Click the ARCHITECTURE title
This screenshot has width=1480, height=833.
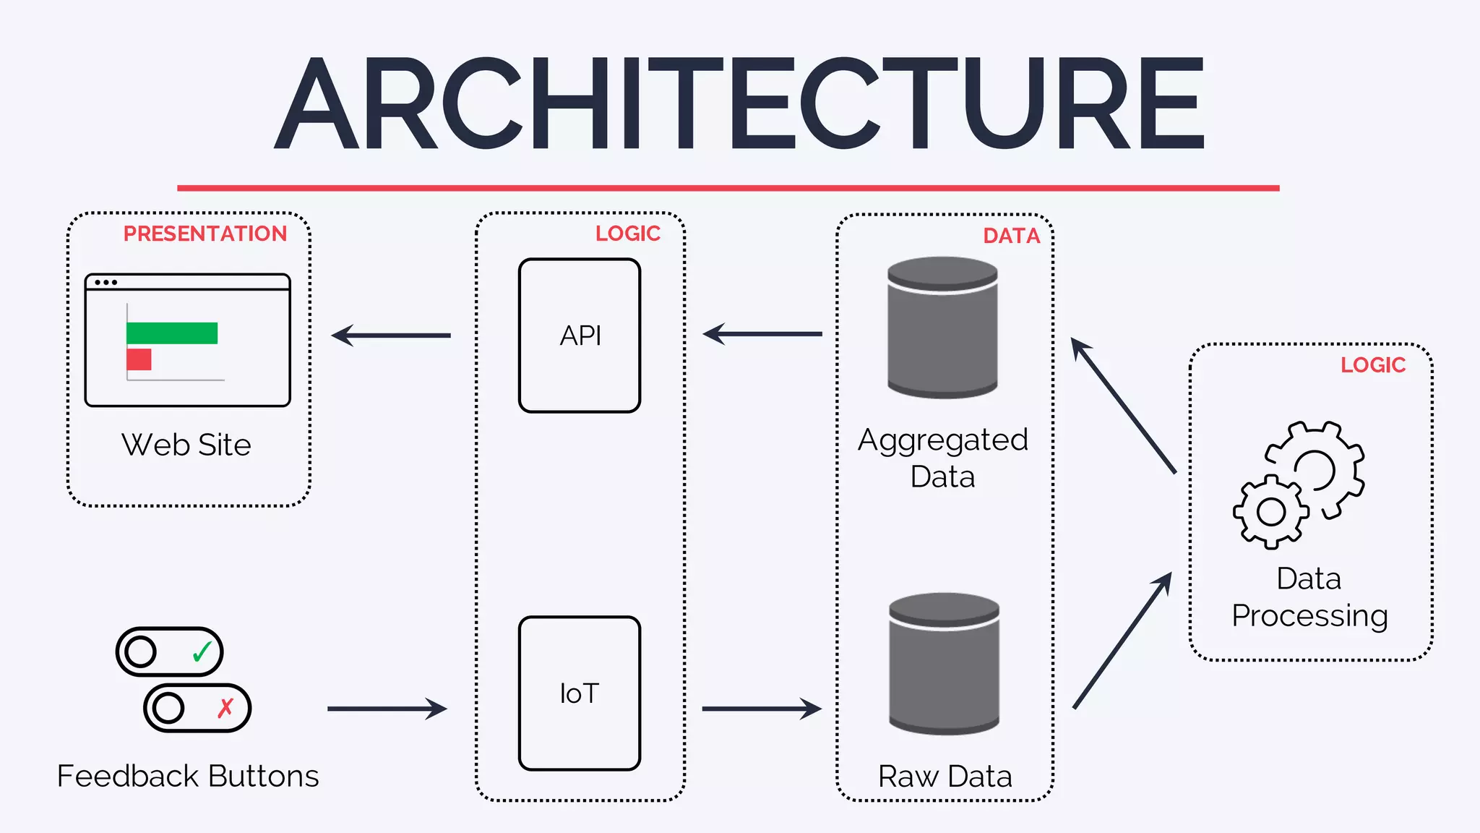pyautogui.click(x=739, y=104)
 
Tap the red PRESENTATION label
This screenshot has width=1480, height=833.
pyautogui.click(x=205, y=234)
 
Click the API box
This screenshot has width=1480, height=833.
pyautogui.click(x=580, y=336)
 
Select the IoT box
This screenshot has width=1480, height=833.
pyautogui.click(x=580, y=693)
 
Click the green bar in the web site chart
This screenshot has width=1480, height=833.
pyautogui.click(x=172, y=333)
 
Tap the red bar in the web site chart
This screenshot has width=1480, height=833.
pyautogui.click(x=139, y=359)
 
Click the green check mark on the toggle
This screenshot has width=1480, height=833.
pyautogui.click(x=202, y=652)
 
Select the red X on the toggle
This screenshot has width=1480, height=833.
pyautogui.click(x=225, y=707)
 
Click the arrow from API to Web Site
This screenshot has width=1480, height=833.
pyautogui.click(x=390, y=336)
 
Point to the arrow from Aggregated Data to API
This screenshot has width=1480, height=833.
pyautogui.click(x=762, y=334)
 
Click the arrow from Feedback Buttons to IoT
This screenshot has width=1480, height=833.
pyautogui.click(x=387, y=709)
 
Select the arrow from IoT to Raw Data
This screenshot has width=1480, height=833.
pyautogui.click(x=762, y=709)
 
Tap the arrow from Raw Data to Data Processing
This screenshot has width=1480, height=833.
pyautogui.click(x=1122, y=641)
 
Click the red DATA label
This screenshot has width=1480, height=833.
pyautogui.click(x=1011, y=236)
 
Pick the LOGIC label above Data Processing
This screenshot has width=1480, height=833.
pyautogui.click(x=1373, y=365)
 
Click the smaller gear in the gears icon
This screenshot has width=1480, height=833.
pyautogui.click(x=1270, y=512)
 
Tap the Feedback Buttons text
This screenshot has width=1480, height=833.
pyautogui.click(x=188, y=776)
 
